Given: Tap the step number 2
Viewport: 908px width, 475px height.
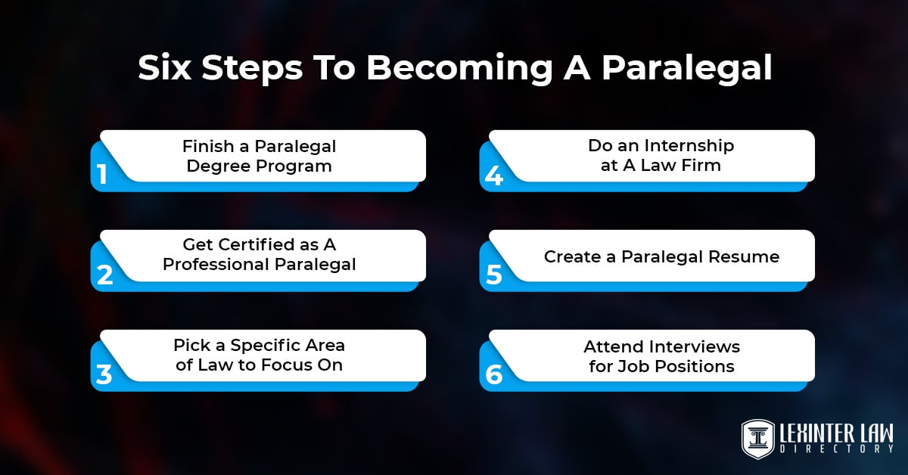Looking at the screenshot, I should (x=104, y=275).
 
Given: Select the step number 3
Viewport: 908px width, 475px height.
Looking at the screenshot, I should (x=104, y=374).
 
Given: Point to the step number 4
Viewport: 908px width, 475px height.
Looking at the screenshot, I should (x=493, y=175).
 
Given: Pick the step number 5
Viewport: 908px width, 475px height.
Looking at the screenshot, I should (x=493, y=275).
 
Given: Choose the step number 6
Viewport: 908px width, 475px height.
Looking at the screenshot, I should (x=493, y=374).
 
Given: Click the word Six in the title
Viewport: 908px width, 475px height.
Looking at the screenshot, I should (x=166, y=68).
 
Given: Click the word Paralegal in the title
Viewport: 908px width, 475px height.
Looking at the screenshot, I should (x=686, y=68).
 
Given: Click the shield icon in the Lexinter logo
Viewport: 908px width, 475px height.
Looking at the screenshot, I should (x=757, y=437).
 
